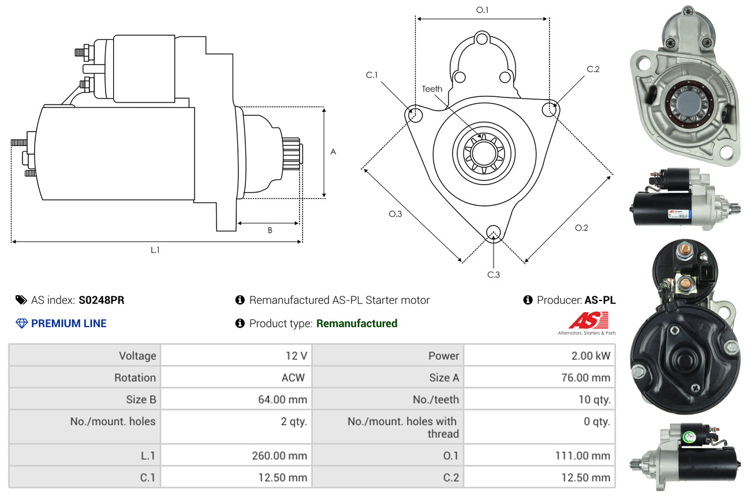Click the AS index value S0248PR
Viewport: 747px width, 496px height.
pyautogui.click(x=101, y=300)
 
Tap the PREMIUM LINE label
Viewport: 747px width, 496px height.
pyautogui.click(x=69, y=324)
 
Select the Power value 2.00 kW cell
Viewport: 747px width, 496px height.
pyautogui.click(x=590, y=355)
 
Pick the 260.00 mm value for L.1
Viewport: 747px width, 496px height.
pyautogui.click(x=279, y=456)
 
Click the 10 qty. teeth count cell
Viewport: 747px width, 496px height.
pyautogui.click(x=594, y=399)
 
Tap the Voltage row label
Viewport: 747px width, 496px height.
pyautogui.click(x=137, y=355)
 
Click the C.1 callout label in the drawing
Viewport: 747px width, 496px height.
pyautogui.click(x=371, y=75)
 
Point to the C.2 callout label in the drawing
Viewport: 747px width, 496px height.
pyautogui.click(x=593, y=69)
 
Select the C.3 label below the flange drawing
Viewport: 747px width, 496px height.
pyautogui.click(x=493, y=275)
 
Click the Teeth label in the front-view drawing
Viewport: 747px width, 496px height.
pyautogui.click(x=432, y=89)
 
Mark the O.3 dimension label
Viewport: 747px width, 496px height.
pyautogui.click(x=395, y=214)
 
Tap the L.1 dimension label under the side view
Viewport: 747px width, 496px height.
pyautogui.click(x=155, y=250)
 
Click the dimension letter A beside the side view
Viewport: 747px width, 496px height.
pyautogui.click(x=333, y=152)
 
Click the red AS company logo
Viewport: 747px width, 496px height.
pyautogui.click(x=588, y=321)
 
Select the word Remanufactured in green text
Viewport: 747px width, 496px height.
pyautogui.click(x=357, y=324)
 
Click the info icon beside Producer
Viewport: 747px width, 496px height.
pyautogui.click(x=527, y=300)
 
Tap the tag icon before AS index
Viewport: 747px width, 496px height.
pyautogui.click(x=21, y=300)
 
